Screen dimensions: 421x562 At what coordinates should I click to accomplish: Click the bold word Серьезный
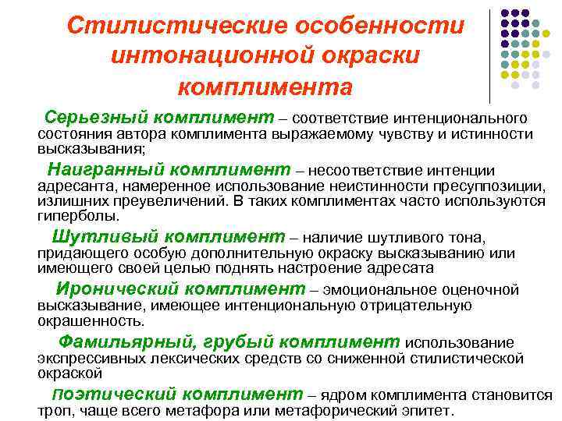pyautogui.click(x=96, y=118)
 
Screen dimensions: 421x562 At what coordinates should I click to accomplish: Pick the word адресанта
pyautogui.click(x=73, y=188)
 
